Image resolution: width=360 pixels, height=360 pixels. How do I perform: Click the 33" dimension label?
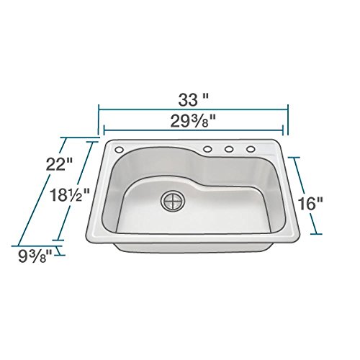pos(193,99)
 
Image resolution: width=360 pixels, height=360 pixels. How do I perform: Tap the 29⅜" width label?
pos(193,121)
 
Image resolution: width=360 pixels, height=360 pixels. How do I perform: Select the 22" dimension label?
pos(59,164)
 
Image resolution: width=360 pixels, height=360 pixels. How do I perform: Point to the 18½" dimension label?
pos(70,194)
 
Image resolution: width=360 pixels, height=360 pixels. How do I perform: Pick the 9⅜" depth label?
pos(35,256)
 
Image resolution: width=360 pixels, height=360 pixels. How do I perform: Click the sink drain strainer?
pos(174,201)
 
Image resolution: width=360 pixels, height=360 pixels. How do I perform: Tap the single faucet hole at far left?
pos(119,150)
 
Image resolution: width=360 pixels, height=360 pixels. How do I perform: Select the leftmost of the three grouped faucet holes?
pos(207,149)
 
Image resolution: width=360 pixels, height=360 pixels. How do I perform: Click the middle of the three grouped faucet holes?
pos(229,149)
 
